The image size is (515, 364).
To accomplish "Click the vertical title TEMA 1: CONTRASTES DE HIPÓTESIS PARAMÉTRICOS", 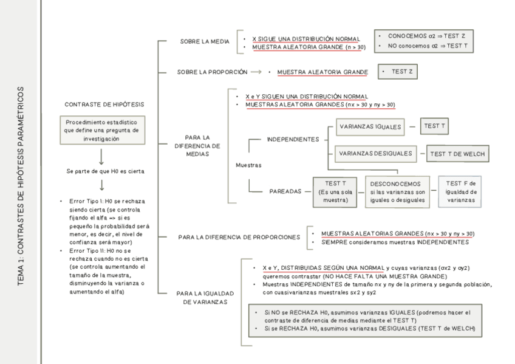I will (x=21, y=186).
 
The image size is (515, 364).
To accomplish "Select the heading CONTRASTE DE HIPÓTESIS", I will (x=104, y=105).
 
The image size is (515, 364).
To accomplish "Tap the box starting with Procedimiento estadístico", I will (x=102, y=130).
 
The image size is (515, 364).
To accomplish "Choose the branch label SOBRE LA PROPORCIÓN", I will (x=212, y=72).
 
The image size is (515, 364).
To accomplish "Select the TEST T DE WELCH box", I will (x=457, y=154).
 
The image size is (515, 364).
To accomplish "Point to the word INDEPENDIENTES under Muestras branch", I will (x=293, y=139).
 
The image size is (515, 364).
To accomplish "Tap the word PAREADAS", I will (x=285, y=191).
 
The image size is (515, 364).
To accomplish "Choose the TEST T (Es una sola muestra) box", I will (x=336, y=191).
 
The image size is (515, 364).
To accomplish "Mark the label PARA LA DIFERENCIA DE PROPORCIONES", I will (x=239, y=237).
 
